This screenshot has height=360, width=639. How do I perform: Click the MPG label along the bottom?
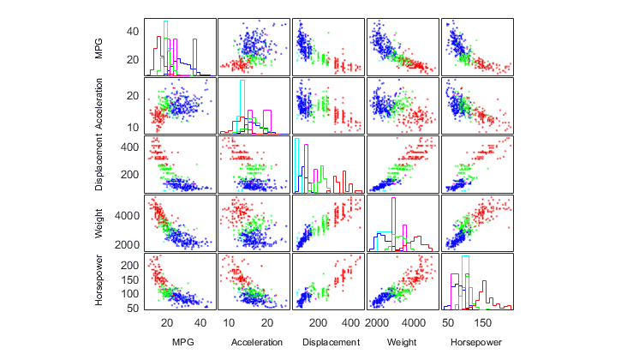click(182, 342)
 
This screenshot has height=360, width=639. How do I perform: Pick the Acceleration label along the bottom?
click(254, 342)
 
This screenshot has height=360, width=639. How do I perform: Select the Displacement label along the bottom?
click(328, 342)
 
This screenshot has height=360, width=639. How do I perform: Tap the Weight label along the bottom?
click(402, 342)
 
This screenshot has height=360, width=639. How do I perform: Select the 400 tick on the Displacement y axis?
click(132, 147)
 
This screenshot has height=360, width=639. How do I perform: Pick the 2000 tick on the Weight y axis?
click(129, 244)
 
